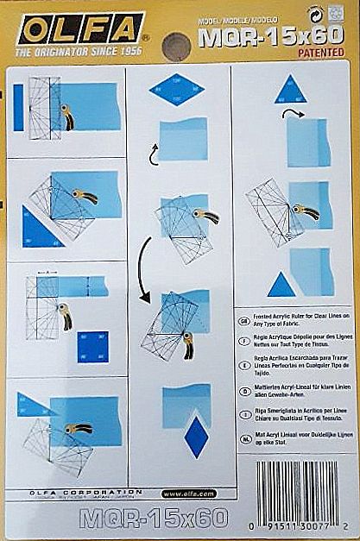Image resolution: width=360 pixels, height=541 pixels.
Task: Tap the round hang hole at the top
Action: tap(179, 42)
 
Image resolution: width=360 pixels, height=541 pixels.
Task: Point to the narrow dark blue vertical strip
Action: tap(18, 107)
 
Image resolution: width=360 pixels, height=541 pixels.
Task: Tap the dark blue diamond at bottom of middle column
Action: tap(197, 435)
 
